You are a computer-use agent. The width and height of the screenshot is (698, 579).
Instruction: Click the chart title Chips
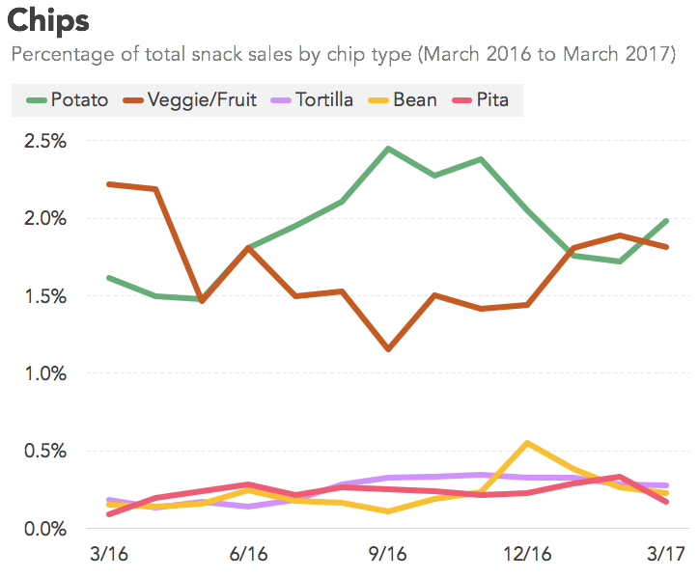point(48,20)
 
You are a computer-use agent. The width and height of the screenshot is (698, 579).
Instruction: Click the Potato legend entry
point(69,99)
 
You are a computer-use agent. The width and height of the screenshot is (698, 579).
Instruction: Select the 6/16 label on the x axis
point(248,555)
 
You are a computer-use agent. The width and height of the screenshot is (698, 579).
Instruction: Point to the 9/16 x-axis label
point(387,555)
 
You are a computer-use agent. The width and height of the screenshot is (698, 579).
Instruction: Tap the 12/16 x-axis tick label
point(526,555)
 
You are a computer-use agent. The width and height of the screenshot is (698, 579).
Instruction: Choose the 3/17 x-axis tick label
point(665,555)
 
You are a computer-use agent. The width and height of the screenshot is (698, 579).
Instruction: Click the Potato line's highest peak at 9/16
point(387,149)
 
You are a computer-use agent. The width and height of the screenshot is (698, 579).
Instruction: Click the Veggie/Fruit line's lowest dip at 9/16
point(387,348)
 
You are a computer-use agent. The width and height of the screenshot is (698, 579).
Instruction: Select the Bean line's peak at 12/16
point(526,443)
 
